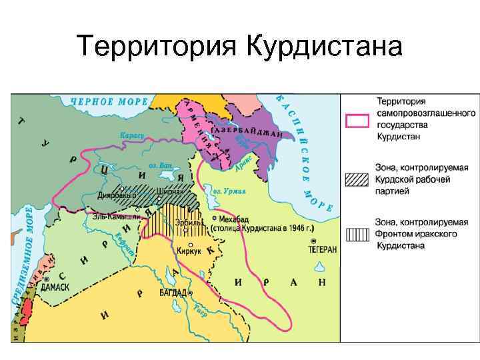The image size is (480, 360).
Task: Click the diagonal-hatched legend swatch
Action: [357, 179]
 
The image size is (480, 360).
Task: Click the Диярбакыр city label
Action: [117, 196]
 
